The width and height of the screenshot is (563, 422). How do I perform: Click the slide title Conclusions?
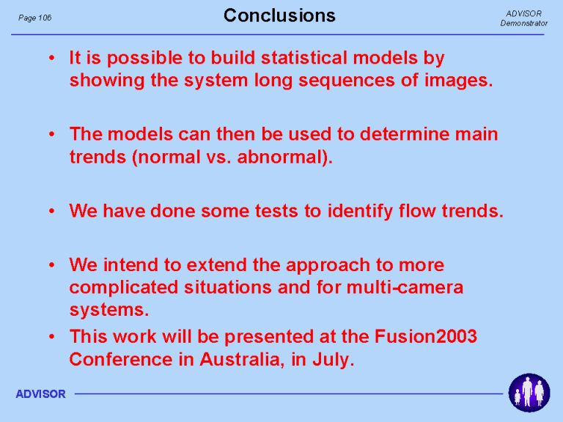pos(279,16)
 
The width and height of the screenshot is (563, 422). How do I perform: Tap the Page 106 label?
pos(35,18)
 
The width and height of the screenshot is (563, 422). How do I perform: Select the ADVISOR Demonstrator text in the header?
pos(524,18)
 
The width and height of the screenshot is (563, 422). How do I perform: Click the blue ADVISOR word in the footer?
pos(40,394)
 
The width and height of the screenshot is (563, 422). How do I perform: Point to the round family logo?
pos(529,393)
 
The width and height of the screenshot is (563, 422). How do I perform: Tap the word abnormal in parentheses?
pos(281,157)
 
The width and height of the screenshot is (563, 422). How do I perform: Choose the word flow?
pos(417,211)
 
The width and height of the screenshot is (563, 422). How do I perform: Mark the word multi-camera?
pos(405,287)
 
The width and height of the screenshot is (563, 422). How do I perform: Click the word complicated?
pos(123,288)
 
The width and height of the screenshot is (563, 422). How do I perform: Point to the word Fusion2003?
pos(425,336)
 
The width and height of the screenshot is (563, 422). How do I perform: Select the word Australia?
pos(240,359)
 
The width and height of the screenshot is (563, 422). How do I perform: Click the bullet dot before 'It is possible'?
pos(52,58)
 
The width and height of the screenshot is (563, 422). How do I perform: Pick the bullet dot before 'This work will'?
pos(52,336)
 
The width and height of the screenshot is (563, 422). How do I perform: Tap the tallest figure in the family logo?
pos(527,391)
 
